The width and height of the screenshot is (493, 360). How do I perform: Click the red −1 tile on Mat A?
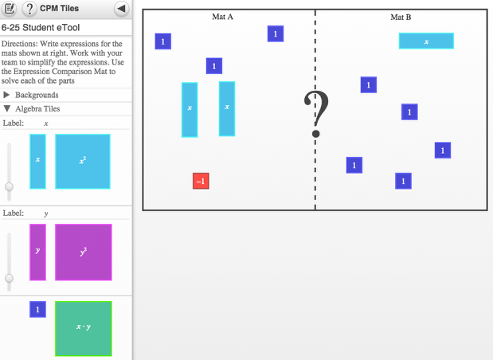click(201, 182)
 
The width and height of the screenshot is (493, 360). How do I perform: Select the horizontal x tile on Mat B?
click(426, 41)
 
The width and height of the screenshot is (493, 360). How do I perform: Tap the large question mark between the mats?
click(316, 116)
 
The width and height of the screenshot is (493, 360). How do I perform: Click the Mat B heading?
click(401, 17)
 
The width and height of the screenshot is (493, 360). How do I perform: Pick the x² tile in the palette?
click(82, 161)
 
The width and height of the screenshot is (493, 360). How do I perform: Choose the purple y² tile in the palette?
click(83, 252)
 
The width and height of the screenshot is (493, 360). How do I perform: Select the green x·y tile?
click(83, 327)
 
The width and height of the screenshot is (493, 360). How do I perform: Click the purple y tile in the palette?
click(37, 252)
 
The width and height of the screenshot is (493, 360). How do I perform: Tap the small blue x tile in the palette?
click(37, 161)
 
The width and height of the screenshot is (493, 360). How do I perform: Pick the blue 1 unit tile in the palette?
click(37, 309)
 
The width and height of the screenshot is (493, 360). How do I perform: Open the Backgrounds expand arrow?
click(7, 95)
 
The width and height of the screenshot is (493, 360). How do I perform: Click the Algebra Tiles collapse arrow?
click(7, 109)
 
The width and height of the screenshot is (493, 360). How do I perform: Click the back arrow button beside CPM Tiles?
click(121, 9)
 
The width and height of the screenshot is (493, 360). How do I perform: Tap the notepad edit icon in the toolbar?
click(10, 9)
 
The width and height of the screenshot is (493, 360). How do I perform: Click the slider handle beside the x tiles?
click(9, 186)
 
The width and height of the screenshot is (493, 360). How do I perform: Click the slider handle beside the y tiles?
click(9, 278)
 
